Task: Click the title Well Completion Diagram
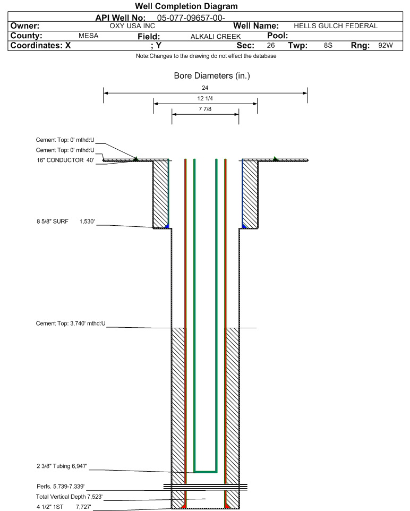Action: [186, 6]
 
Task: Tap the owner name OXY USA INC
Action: [132, 26]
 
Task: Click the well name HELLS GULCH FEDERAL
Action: [335, 26]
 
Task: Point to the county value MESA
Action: [88, 36]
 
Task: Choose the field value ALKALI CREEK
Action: [212, 36]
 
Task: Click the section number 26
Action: [271, 46]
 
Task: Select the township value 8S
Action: [328, 46]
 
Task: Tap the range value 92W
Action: [385, 46]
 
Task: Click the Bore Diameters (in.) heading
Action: [212, 76]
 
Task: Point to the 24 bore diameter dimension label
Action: [205, 88]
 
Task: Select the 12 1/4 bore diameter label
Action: [205, 98]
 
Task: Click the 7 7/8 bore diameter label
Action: [205, 109]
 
